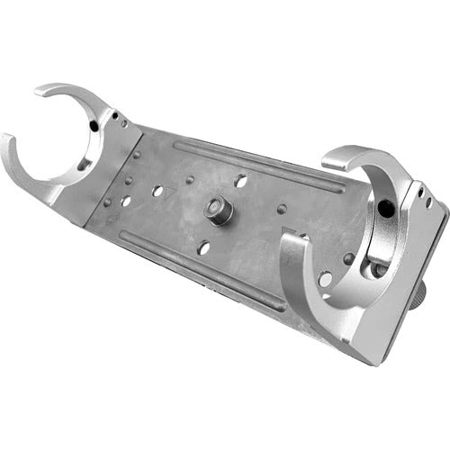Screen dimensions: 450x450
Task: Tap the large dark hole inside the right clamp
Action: pos(385,209)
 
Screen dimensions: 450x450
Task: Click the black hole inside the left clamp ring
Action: pos(94,127)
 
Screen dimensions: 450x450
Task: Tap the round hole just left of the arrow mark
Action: pos(157,192)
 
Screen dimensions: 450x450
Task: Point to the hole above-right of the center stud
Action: pos(241,180)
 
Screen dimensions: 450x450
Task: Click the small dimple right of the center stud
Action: pos(282,209)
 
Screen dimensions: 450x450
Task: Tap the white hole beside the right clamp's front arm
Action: pos(324,280)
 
